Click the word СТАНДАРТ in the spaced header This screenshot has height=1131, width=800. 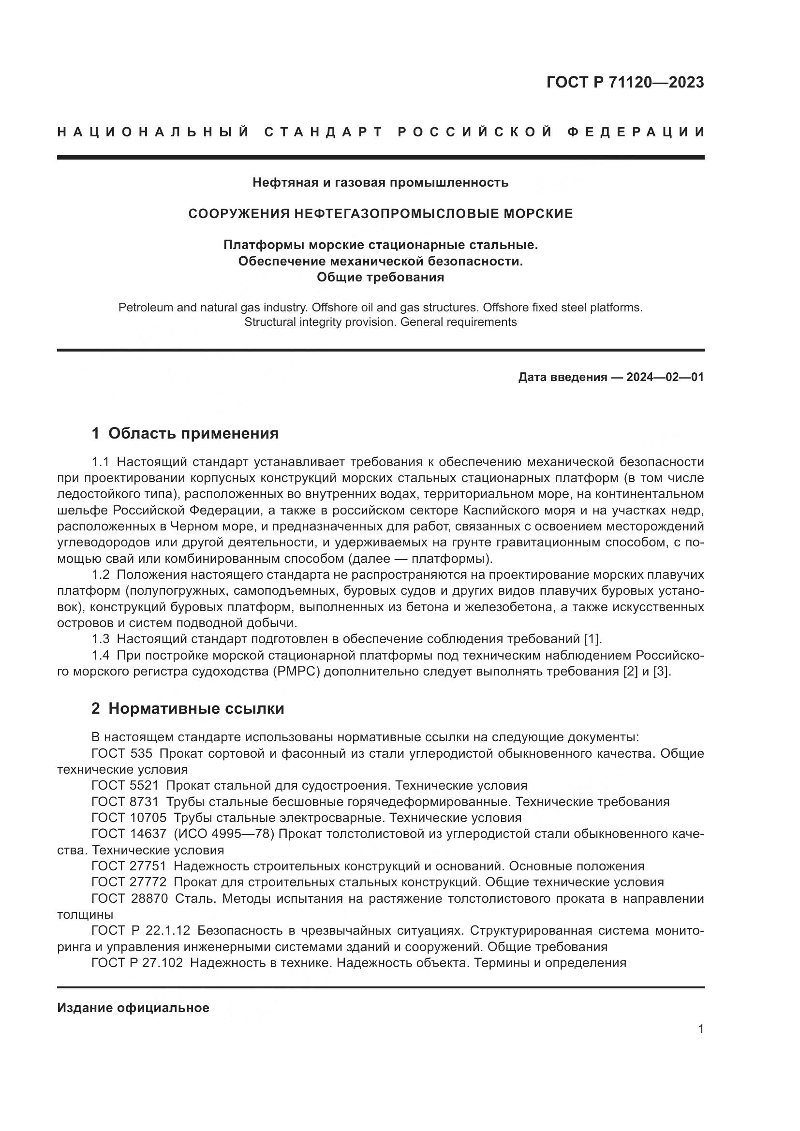(324, 132)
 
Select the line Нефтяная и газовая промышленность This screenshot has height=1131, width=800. (380, 183)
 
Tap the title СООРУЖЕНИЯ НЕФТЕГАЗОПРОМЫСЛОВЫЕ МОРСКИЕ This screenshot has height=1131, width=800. (380, 214)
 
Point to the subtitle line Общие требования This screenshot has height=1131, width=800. (380, 278)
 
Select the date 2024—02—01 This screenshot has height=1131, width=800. (665, 377)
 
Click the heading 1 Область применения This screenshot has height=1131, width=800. (185, 433)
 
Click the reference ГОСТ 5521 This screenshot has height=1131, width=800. (125, 786)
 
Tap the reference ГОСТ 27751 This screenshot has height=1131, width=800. (129, 867)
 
